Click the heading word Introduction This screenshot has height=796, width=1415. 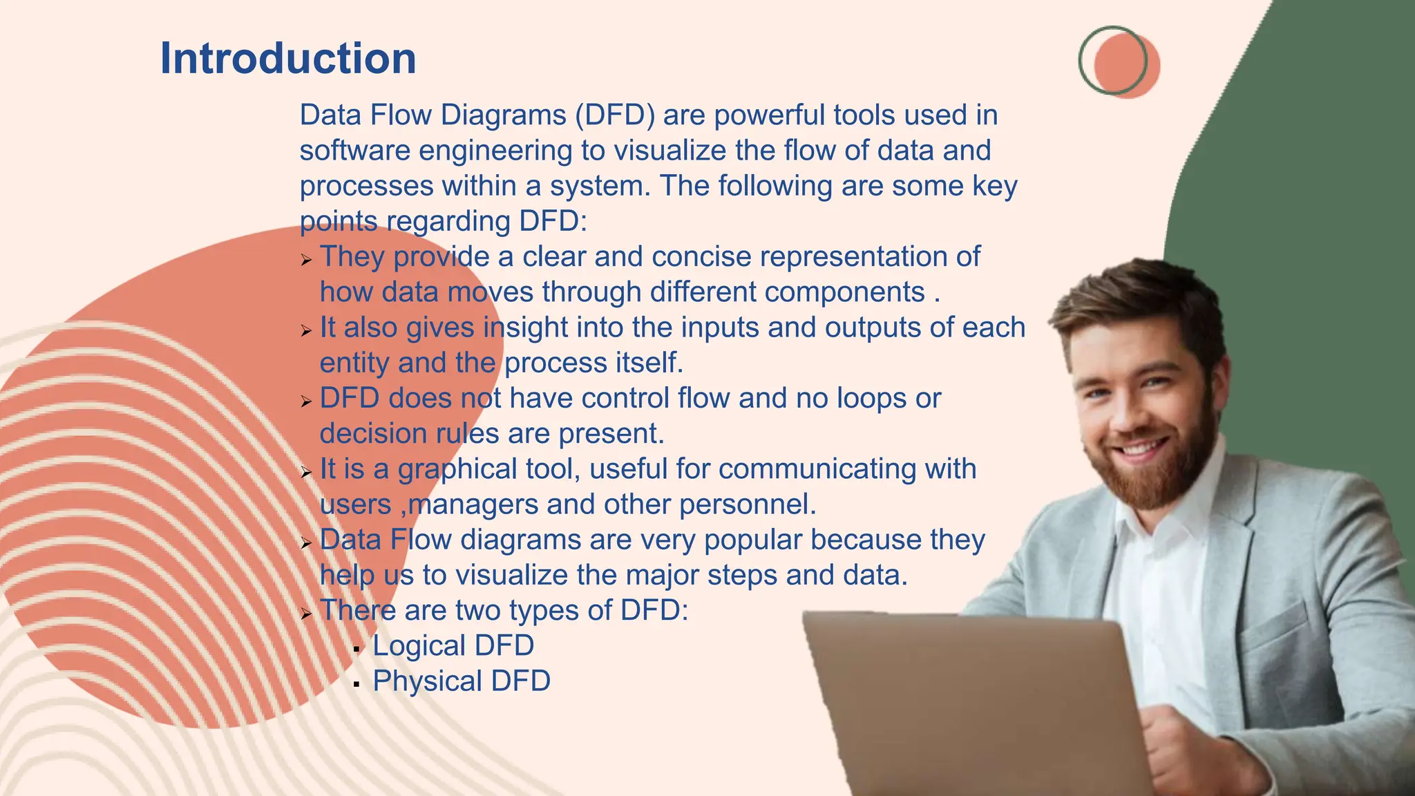pyautogui.click(x=288, y=58)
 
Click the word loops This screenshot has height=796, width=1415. pyautogui.click(x=872, y=399)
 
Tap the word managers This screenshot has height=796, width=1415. pyautogui.click(x=473, y=505)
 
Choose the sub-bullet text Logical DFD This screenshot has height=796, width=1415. pyautogui.click(x=453, y=646)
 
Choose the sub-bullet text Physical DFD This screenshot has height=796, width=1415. pyautogui.click(x=462, y=681)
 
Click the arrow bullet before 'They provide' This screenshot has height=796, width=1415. pyautogui.click(x=307, y=260)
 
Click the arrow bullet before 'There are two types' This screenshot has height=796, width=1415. pyautogui.click(x=307, y=614)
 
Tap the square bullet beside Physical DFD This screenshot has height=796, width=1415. pyautogui.click(x=357, y=685)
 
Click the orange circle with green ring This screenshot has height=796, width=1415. pyautogui.click(x=1122, y=64)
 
